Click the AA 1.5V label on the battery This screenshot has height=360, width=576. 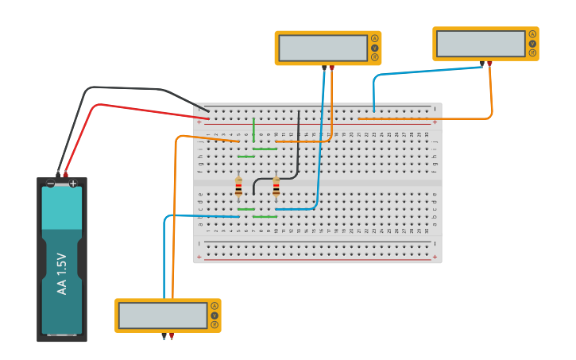[x=62, y=274]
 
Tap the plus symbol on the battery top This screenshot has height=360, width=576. [x=73, y=184]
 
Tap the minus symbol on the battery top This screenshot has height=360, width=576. [x=51, y=184]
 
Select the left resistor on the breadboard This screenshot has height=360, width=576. [x=238, y=187]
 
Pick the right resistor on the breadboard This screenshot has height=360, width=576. [x=276, y=187]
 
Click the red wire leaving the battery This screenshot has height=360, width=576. [x=119, y=106]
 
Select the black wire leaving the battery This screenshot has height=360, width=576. [x=119, y=87]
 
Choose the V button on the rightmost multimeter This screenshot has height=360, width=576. [x=532, y=43]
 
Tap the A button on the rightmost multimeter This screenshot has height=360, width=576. [x=532, y=34]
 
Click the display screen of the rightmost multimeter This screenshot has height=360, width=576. [x=480, y=44]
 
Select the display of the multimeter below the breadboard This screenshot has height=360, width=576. [x=162, y=315]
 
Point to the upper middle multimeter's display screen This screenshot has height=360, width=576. [x=323, y=48]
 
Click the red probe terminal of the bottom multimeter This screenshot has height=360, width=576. [x=172, y=335]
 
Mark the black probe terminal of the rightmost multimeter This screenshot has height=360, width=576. [x=481, y=63]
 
